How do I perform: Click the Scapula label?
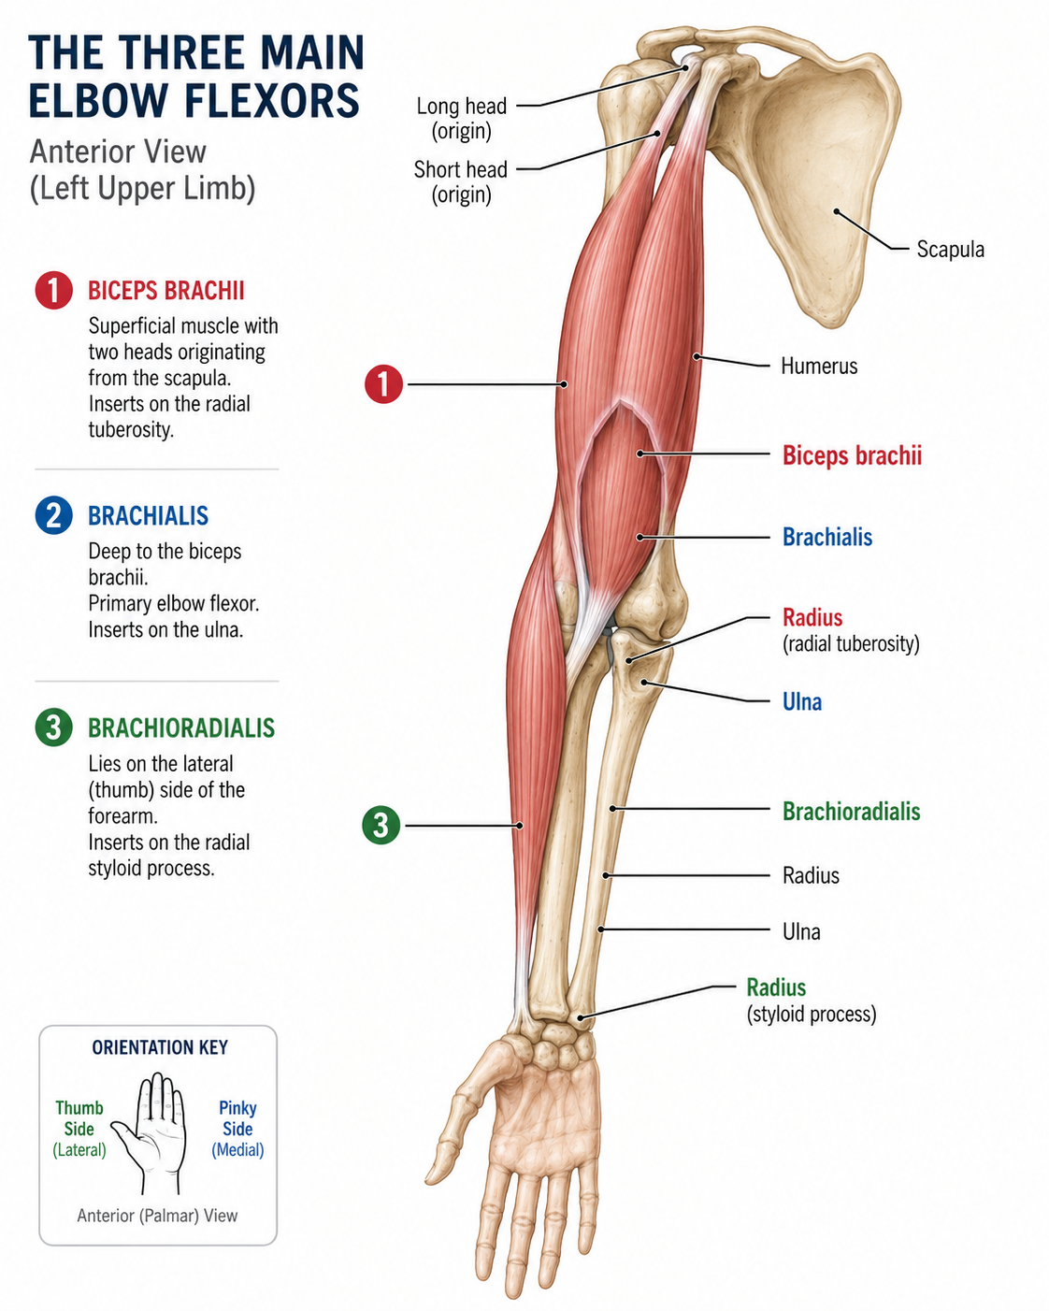pyautogui.click(x=950, y=249)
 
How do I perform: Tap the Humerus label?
pyautogui.click(x=819, y=367)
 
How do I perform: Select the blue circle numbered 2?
pyautogui.click(x=53, y=515)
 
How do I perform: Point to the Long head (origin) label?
pyautogui.click(x=461, y=118)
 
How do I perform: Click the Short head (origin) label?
pyautogui.click(x=461, y=181)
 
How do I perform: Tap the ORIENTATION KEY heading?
pyautogui.click(x=160, y=1047)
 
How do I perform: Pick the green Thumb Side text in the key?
pyautogui.click(x=79, y=1117)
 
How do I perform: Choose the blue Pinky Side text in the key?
pyautogui.click(x=237, y=1117)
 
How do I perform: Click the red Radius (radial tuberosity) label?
pyautogui.click(x=851, y=630)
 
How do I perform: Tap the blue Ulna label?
pyautogui.click(x=801, y=702)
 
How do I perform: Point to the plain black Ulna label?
pyautogui.click(x=801, y=932)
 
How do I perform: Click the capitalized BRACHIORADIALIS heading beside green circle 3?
pyautogui.click(x=181, y=728)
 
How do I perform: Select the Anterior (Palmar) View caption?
pyautogui.click(x=157, y=1216)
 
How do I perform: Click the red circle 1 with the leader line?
pyautogui.click(x=383, y=384)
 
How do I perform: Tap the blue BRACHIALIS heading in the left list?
pyautogui.click(x=148, y=516)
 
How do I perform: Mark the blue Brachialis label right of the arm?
pyautogui.click(x=827, y=538)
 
